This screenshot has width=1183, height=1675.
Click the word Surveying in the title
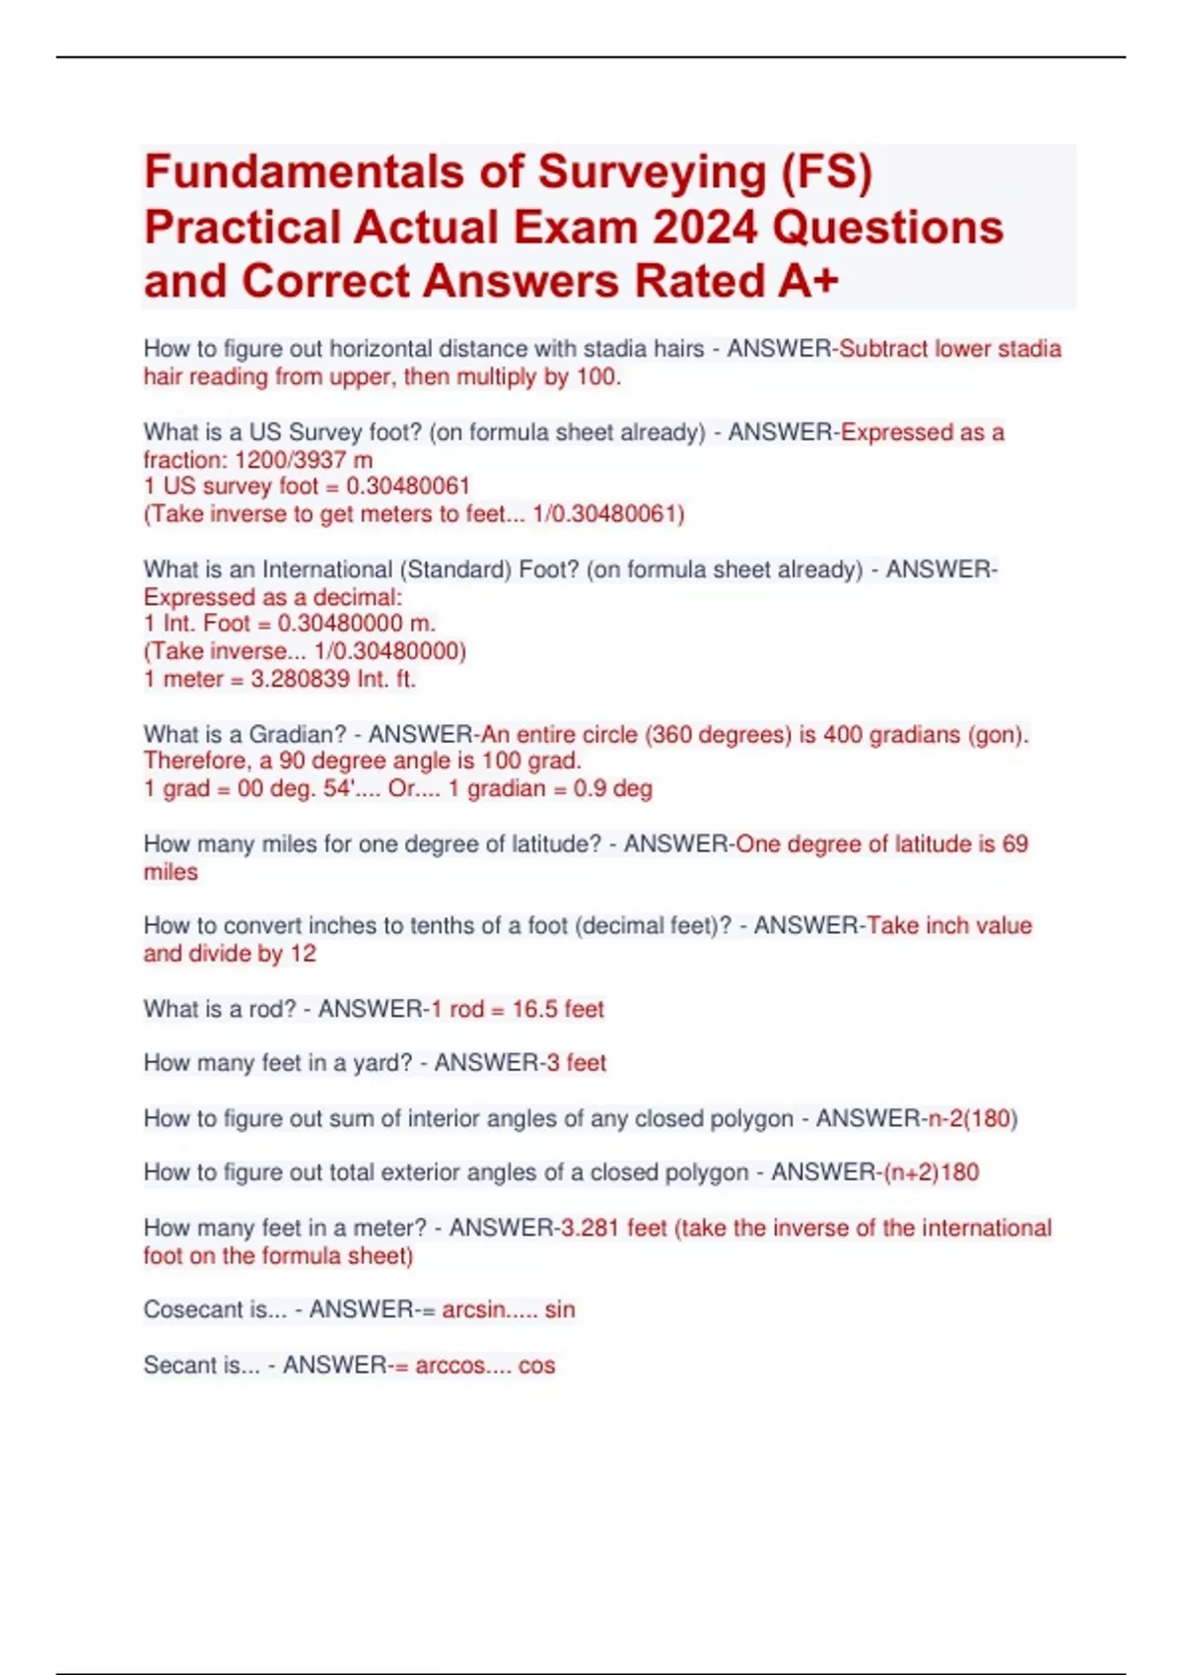click(652, 171)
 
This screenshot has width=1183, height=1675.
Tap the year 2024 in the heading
click(704, 228)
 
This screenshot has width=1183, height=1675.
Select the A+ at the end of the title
click(807, 281)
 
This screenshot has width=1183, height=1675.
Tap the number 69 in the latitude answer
click(1014, 844)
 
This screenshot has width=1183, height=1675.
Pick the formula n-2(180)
click(973, 1118)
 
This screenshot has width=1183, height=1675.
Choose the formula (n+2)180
click(931, 1172)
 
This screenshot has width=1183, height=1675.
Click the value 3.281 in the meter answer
click(590, 1228)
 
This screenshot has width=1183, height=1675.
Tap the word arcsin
click(474, 1309)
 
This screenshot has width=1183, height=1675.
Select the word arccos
click(450, 1366)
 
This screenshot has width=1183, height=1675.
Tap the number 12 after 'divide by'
click(303, 954)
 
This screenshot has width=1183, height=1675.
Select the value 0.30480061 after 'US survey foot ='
click(408, 487)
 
